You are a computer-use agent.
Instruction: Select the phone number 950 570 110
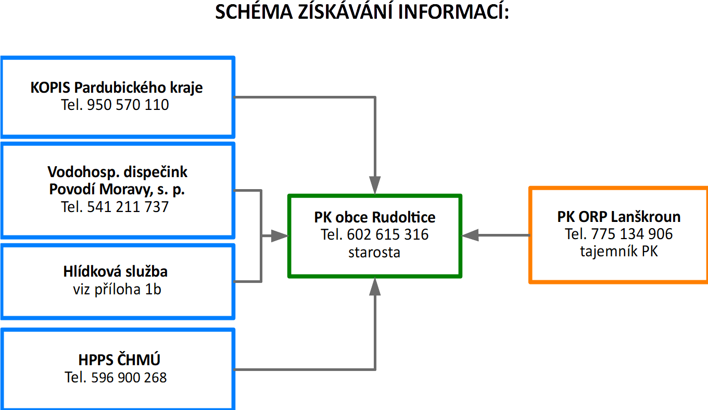click(128, 105)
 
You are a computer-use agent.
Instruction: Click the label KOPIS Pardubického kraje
click(117, 87)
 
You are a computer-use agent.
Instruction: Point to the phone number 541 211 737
click(128, 207)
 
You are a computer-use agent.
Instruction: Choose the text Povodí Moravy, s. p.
click(117, 190)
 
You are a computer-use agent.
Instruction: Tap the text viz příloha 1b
click(117, 289)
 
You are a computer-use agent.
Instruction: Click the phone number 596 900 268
click(129, 377)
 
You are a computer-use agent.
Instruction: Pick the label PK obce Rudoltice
click(375, 217)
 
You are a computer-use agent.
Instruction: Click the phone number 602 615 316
click(387, 234)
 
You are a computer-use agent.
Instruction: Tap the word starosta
click(374, 253)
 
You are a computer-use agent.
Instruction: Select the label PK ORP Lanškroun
click(619, 216)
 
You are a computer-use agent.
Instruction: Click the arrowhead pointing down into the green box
click(375, 185)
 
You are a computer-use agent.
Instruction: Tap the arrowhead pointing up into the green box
click(375, 287)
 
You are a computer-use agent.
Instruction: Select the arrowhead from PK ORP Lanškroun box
click(471, 235)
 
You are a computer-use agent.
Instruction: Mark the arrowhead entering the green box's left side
click(280, 236)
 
